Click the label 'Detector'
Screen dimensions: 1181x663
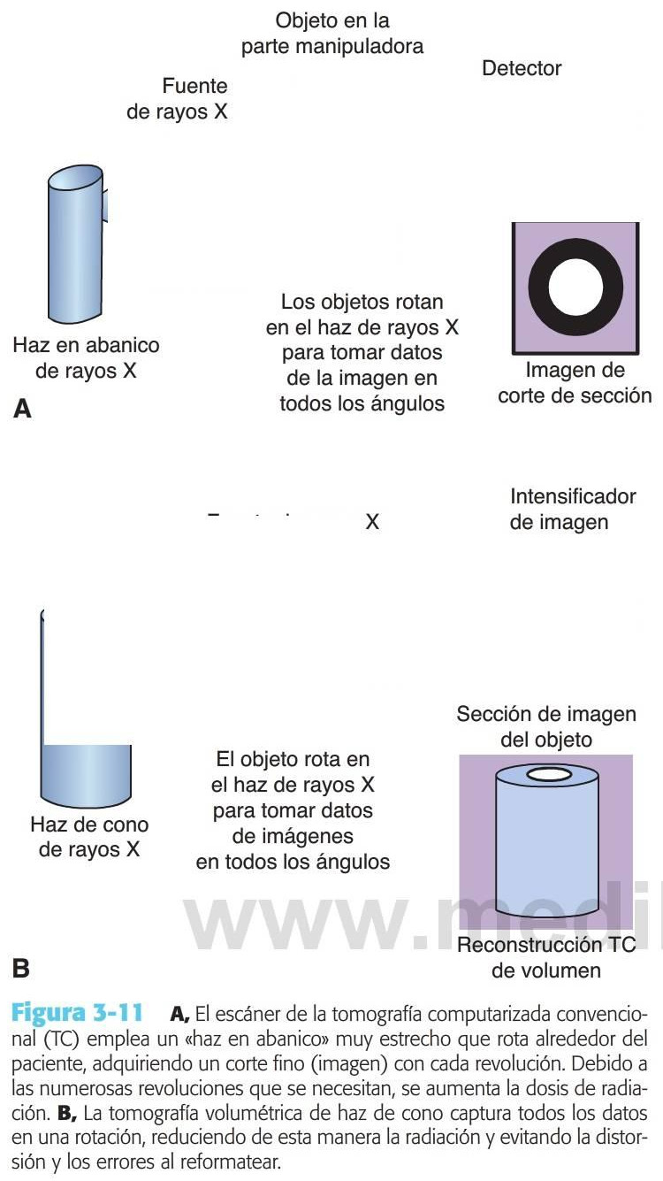point(522,68)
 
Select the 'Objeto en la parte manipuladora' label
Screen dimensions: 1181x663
point(332,33)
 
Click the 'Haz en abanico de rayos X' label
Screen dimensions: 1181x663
point(86,357)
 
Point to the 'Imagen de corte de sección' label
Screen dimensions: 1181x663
point(574,382)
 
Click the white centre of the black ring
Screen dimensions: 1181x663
point(575,288)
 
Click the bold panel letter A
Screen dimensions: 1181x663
point(22,409)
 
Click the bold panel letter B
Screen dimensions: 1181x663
point(21,969)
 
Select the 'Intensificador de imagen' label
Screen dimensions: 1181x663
point(572,509)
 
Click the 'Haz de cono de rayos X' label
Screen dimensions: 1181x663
point(89,837)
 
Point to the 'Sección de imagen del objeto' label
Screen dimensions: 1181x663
point(545,725)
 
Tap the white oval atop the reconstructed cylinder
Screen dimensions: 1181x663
point(549,776)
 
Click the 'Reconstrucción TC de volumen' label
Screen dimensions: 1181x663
point(545,957)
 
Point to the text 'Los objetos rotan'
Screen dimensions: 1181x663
point(362,302)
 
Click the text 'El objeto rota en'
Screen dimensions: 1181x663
point(293,759)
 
